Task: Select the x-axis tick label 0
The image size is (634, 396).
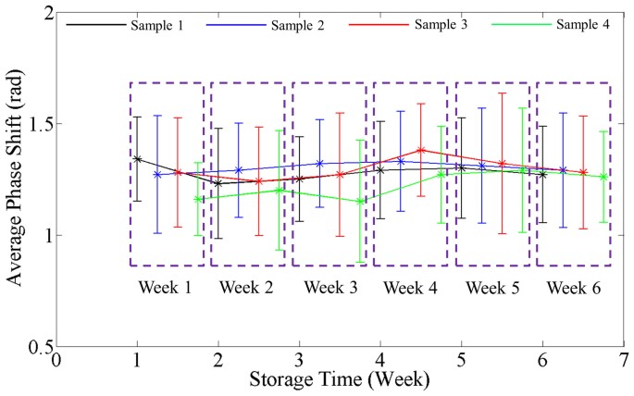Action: pos(56,361)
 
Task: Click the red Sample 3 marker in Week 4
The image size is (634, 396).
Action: pos(421,150)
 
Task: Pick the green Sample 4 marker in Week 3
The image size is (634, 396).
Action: pos(361,201)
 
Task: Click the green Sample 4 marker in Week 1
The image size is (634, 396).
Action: pos(197,199)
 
